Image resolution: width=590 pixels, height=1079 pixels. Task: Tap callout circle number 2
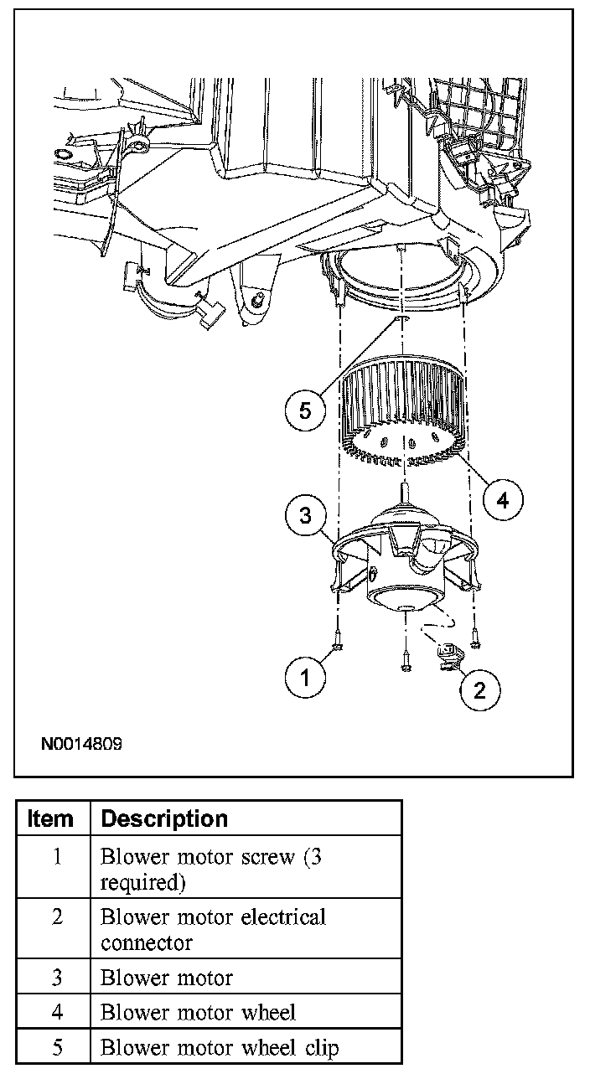click(479, 689)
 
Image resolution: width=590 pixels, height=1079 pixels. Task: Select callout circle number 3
click(306, 515)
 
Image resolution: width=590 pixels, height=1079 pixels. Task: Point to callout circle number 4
click(502, 500)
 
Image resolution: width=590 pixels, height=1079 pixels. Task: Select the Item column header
click(51, 818)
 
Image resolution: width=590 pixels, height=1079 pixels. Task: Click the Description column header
click(164, 818)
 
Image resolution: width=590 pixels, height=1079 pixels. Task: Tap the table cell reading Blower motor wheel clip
click(220, 1047)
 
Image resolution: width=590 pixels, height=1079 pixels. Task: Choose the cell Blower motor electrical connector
click(213, 930)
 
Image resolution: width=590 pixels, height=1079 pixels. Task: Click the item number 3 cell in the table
click(56, 978)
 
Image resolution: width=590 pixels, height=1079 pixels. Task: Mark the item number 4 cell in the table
click(56, 1012)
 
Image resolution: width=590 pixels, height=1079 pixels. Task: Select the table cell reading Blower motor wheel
click(198, 1012)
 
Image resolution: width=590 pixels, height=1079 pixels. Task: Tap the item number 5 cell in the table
click(56, 1047)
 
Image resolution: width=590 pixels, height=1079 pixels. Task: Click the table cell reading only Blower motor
click(167, 978)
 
